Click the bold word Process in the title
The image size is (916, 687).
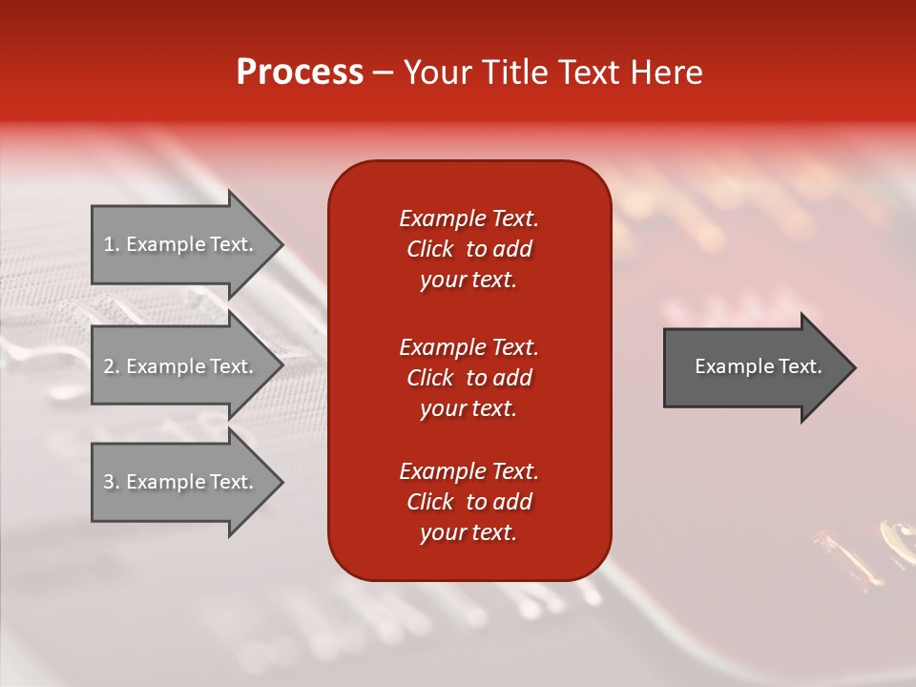300,73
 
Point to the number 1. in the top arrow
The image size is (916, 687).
112,244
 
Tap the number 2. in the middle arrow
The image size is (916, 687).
112,366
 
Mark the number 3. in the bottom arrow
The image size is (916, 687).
112,482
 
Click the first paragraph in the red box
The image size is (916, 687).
468,249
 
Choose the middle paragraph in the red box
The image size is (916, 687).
468,378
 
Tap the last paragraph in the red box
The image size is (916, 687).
468,502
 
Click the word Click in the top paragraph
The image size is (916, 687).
429,249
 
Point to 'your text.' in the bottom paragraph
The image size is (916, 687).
468,533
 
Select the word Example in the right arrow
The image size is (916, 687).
728,366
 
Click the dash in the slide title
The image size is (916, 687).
383,73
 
